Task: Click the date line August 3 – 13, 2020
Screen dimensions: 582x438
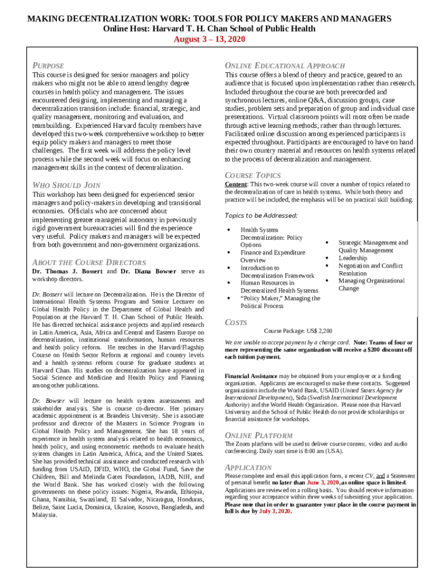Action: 209,39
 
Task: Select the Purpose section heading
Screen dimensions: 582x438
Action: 48,65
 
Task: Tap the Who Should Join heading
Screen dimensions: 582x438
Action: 67,185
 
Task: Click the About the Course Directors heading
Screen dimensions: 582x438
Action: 89,262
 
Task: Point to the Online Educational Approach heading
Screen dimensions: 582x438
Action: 284,65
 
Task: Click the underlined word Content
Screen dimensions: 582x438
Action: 236,185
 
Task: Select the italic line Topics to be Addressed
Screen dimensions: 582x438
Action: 261,215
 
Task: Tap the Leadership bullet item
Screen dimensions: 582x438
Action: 353,258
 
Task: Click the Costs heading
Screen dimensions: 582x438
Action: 236,322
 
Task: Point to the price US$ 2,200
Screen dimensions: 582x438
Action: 320,331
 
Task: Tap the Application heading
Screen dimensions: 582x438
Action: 249,467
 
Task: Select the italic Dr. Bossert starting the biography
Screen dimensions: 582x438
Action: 48,294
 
